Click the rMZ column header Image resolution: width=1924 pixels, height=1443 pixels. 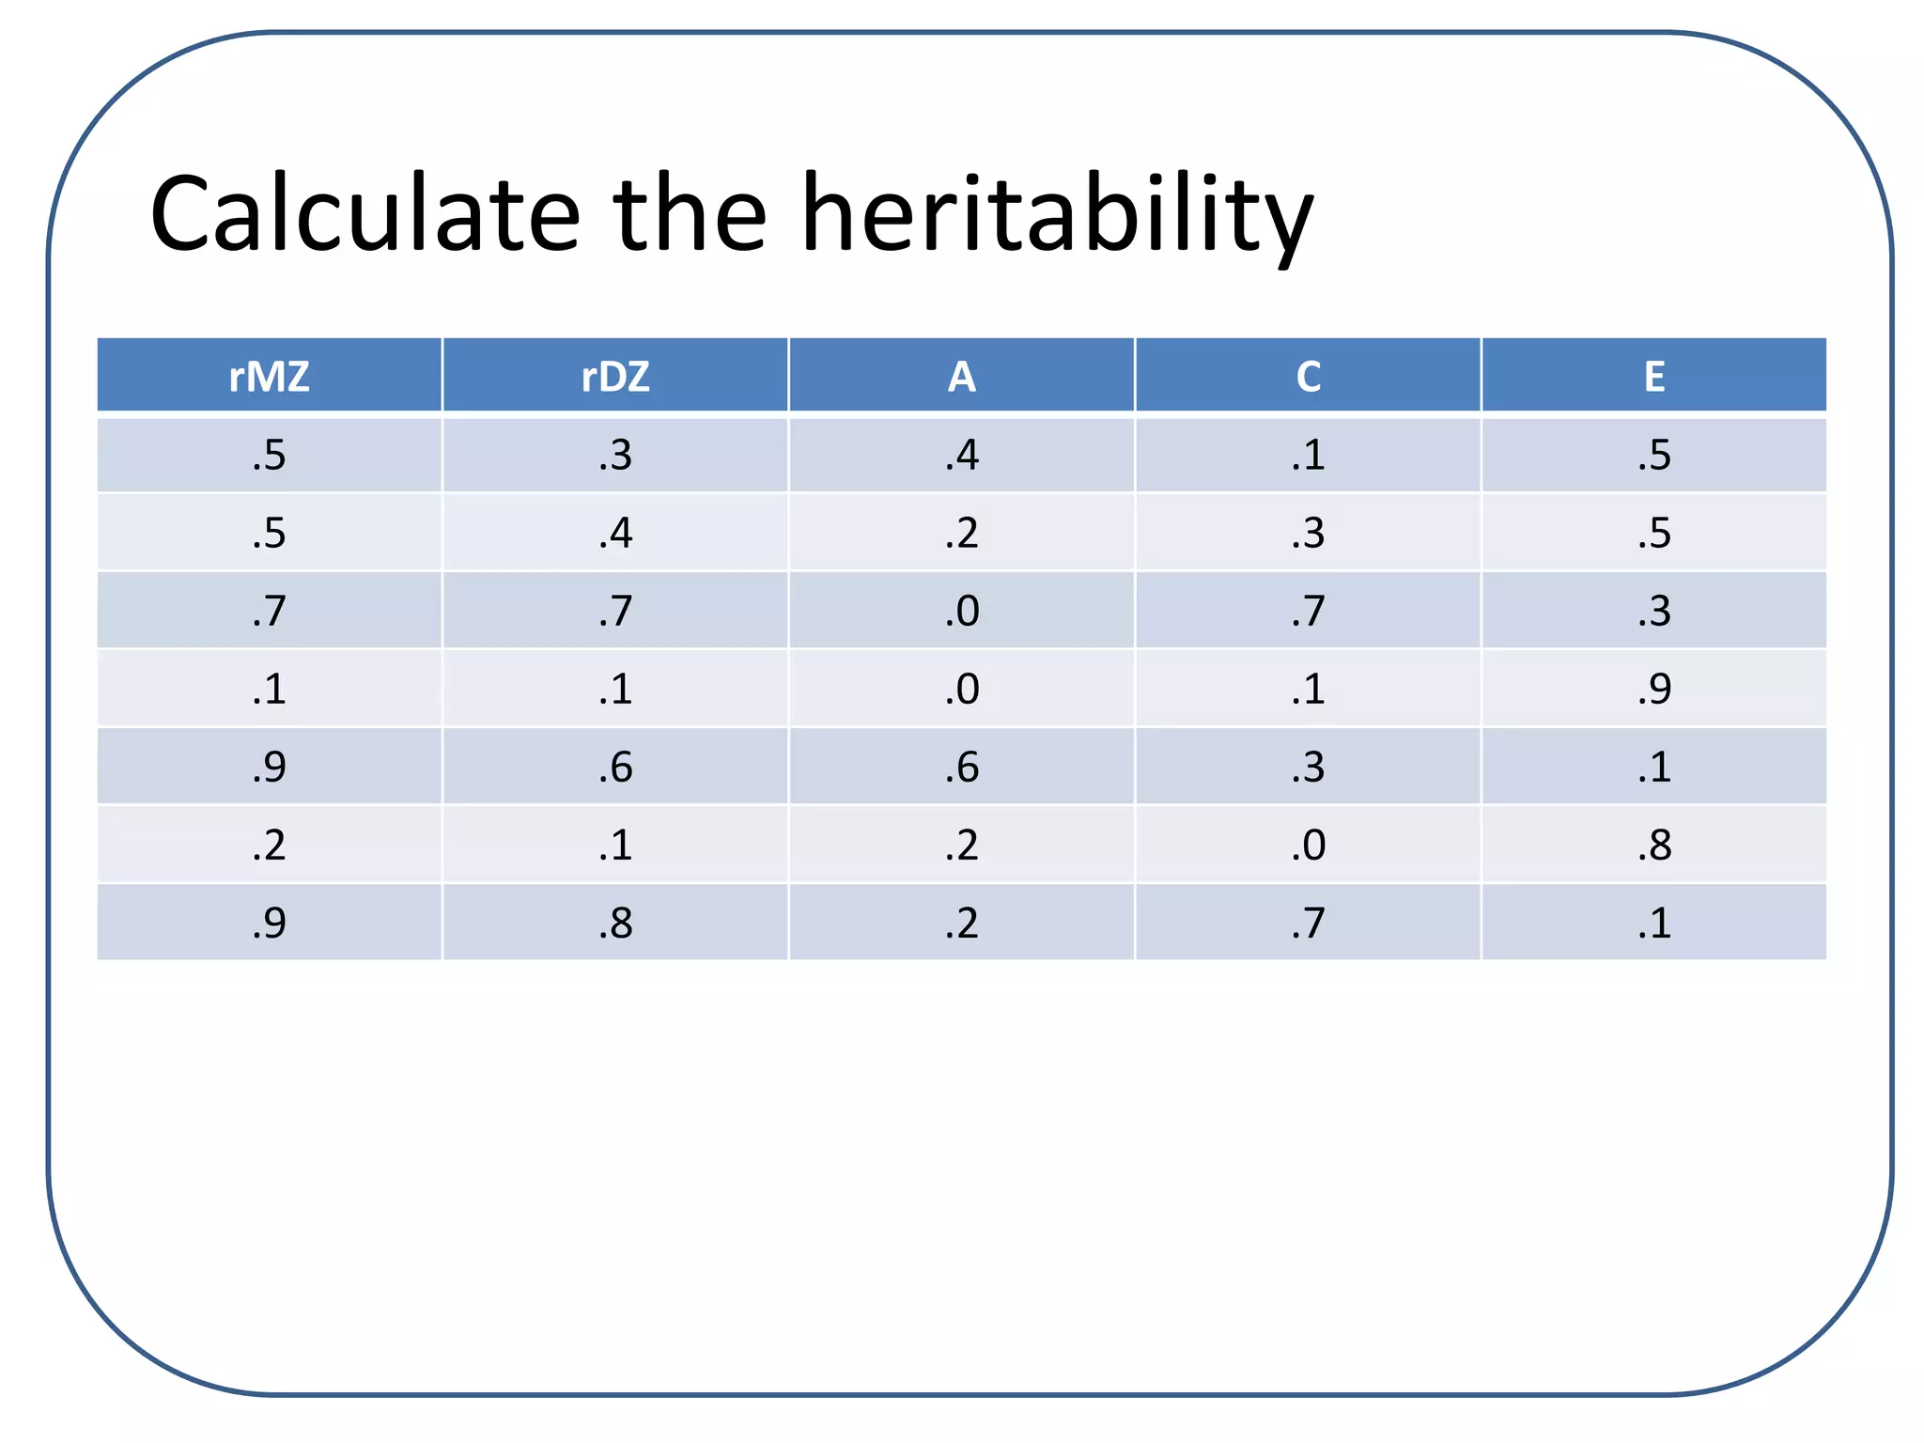tap(269, 377)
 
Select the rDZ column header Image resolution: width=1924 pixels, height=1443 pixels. tap(615, 377)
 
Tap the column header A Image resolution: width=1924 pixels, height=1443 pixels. tap(961, 377)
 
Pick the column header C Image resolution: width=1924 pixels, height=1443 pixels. tap(1308, 377)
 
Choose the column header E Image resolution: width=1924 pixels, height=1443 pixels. tap(1653, 377)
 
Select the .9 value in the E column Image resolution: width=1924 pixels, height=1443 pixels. tap(1653, 689)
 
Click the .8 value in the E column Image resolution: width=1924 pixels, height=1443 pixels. tap(1653, 845)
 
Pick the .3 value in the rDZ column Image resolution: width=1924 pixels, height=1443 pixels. tap(615, 455)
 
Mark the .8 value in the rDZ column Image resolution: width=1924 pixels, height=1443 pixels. tap(615, 923)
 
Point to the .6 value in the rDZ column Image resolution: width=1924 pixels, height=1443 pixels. tap(615, 767)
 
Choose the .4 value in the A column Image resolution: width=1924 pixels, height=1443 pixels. tap(961, 455)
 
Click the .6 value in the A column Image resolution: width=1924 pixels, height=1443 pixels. tap(961, 767)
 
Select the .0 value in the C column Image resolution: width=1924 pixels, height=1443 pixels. tap(1308, 845)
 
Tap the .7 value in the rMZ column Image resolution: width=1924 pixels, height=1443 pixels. tap(269, 611)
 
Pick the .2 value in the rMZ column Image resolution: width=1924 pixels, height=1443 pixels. tap(269, 845)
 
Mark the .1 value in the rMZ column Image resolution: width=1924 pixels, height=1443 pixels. tap(269, 689)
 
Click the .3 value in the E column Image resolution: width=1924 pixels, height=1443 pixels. tap(1653, 611)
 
